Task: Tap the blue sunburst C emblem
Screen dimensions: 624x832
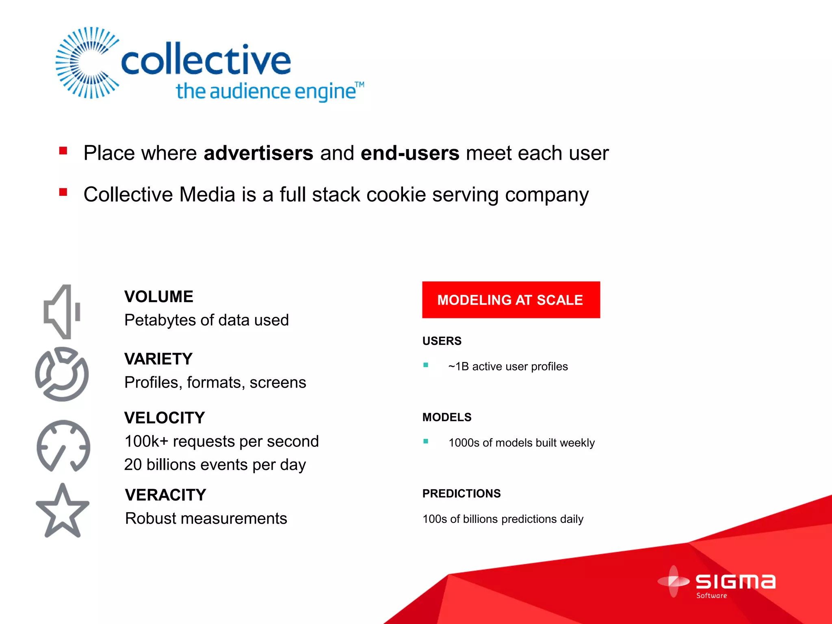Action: tap(87, 63)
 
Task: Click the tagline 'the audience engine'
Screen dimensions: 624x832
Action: tap(266, 91)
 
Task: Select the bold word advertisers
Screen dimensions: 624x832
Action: tap(258, 154)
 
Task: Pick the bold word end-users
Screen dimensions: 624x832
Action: tap(410, 154)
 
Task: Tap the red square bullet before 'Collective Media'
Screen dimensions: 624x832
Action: tap(63, 192)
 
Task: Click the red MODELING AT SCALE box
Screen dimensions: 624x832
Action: tap(511, 300)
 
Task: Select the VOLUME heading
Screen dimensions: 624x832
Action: tap(159, 297)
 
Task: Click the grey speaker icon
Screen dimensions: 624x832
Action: tap(62, 312)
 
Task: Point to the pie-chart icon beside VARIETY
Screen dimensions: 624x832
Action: tap(62, 374)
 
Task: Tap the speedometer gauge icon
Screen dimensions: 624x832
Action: tap(63, 446)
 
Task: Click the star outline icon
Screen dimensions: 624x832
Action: tap(62, 511)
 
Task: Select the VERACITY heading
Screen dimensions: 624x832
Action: tap(166, 495)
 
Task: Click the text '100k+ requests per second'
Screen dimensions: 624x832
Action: tap(221, 442)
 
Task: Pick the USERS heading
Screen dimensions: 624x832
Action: tap(442, 341)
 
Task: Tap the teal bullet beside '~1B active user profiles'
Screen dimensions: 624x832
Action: tap(426, 365)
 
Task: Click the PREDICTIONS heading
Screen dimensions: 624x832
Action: tap(461, 494)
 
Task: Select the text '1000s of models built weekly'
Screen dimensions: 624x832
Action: tap(521, 443)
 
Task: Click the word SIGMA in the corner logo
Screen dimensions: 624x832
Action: tap(735, 582)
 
